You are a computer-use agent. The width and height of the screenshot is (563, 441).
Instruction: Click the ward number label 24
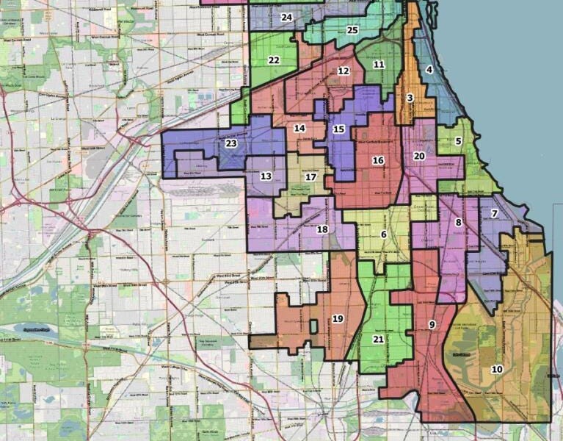click(x=286, y=17)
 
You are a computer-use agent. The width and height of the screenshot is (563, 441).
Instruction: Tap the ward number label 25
click(x=352, y=30)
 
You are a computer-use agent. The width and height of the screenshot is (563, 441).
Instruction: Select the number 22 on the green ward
click(x=274, y=60)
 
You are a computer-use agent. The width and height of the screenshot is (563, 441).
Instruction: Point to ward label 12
click(x=344, y=71)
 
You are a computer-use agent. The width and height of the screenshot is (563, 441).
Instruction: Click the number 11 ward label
click(x=379, y=65)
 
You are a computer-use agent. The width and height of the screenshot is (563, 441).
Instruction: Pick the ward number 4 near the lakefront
click(x=429, y=70)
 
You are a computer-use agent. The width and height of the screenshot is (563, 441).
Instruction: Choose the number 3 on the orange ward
click(x=410, y=98)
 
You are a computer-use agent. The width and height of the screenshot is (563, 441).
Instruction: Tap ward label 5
click(x=458, y=141)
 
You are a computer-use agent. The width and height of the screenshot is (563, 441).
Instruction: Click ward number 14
click(x=299, y=129)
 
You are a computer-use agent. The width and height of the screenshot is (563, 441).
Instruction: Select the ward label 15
click(x=338, y=129)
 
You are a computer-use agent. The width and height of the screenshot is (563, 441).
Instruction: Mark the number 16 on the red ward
click(x=378, y=160)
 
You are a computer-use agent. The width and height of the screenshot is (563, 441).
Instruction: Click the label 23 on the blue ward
click(x=231, y=144)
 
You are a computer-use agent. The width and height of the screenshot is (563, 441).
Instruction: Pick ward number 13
click(x=266, y=176)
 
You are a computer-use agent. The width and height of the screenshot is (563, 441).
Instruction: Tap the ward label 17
click(x=311, y=177)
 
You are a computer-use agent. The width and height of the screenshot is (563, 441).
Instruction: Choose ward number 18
click(x=322, y=229)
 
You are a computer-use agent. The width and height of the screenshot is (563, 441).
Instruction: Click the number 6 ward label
click(x=383, y=234)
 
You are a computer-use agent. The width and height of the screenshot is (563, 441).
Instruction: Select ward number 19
click(x=338, y=319)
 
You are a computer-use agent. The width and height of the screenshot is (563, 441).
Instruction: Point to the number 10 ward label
click(x=497, y=369)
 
